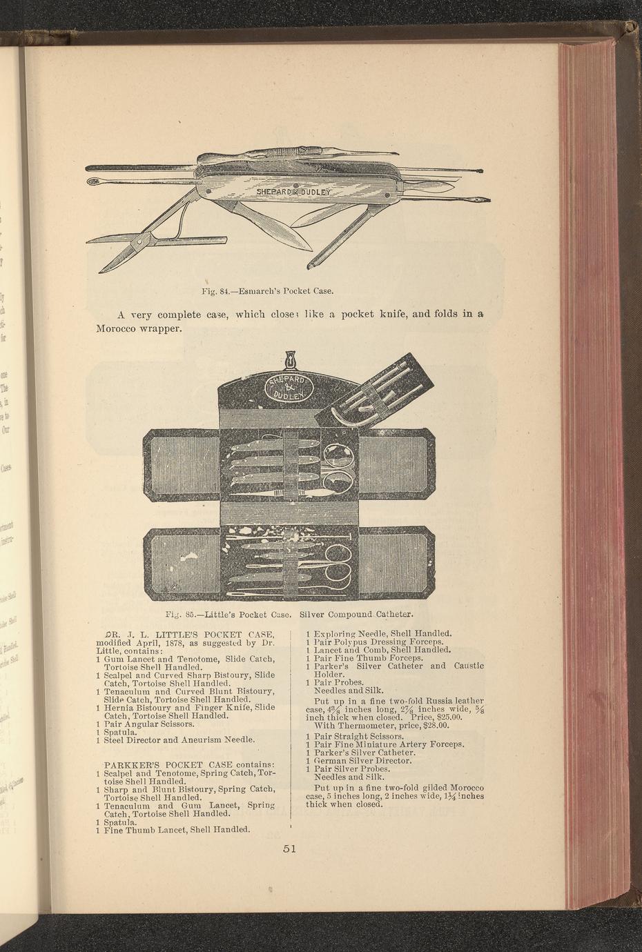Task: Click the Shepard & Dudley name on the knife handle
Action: (x=295, y=191)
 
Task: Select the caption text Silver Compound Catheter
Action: (x=356, y=613)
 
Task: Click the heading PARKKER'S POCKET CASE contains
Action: (x=189, y=764)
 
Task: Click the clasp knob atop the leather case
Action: (x=289, y=360)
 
